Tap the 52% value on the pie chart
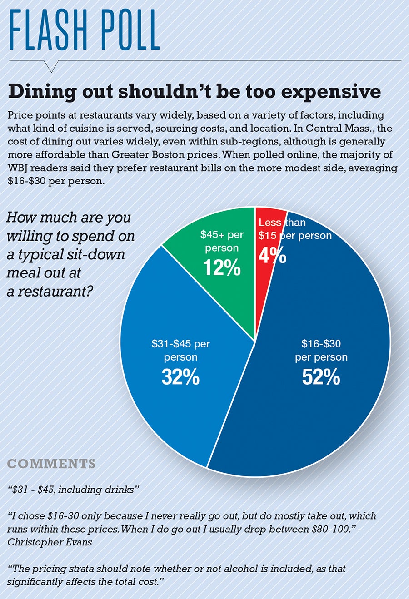point(321,377)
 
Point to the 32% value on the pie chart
point(180,377)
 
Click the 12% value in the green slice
point(222,268)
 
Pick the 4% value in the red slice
point(272,256)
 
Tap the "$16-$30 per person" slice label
point(321,350)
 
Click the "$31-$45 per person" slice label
point(180,350)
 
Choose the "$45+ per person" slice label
point(222,241)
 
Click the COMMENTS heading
point(51,464)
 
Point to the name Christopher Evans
point(50,542)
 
